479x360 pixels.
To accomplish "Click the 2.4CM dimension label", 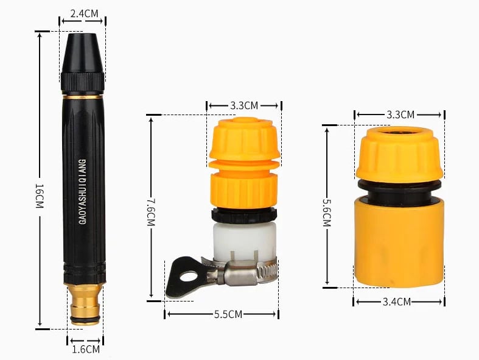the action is point(85,14).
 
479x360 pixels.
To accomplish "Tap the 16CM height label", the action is point(40,196).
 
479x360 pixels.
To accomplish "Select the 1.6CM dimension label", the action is point(86,349).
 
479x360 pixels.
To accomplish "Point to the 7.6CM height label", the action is point(151,212).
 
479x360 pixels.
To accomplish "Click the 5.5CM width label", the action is point(228,314).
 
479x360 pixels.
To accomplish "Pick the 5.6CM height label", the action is point(327,213).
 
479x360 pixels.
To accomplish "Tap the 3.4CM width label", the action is point(397,302).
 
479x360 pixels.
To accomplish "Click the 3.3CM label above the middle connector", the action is point(244,105).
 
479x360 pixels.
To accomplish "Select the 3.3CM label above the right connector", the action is point(400,115).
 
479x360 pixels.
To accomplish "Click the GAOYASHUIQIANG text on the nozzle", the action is point(83,191).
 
